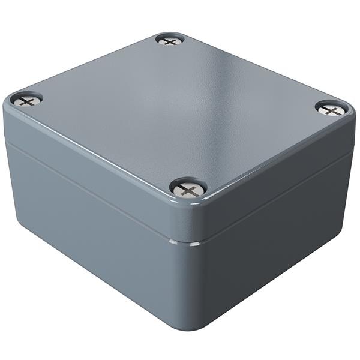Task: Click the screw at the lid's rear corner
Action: (x=170, y=41)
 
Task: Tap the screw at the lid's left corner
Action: (x=27, y=100)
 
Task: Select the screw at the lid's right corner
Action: (x=331, y=109)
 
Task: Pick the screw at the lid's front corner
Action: (x=188, y=190)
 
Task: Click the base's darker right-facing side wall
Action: (x=276, y=240)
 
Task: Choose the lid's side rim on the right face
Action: (x=276, y=174)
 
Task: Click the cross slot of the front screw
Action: (x=188, y=190)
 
